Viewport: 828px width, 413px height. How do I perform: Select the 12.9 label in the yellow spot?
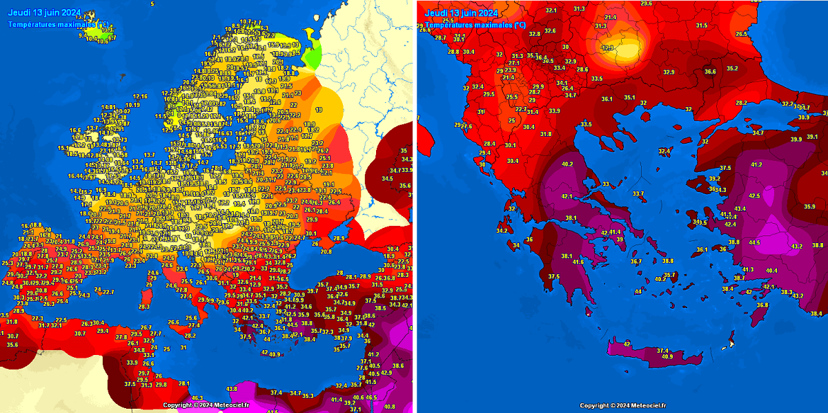coord(607,48)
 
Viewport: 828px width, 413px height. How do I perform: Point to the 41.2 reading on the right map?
coord(756,164)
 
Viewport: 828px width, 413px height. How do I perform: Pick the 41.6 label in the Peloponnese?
coord(578,262)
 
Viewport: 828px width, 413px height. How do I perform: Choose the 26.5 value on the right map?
coord(741,34)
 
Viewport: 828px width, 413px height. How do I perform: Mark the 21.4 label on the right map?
coord(610,17)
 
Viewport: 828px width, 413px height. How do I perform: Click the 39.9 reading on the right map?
coord(795,139)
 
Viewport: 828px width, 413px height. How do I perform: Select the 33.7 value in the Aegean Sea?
coord(638,193)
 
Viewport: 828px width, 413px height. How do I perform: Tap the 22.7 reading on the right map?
coord(522,109)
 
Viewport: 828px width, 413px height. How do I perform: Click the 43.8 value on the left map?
coord(233,389)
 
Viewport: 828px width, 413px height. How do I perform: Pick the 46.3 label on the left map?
coord(197,398)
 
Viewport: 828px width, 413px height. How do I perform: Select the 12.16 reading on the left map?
coord(140,96)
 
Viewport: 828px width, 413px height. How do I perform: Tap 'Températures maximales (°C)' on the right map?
coord(474,25)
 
